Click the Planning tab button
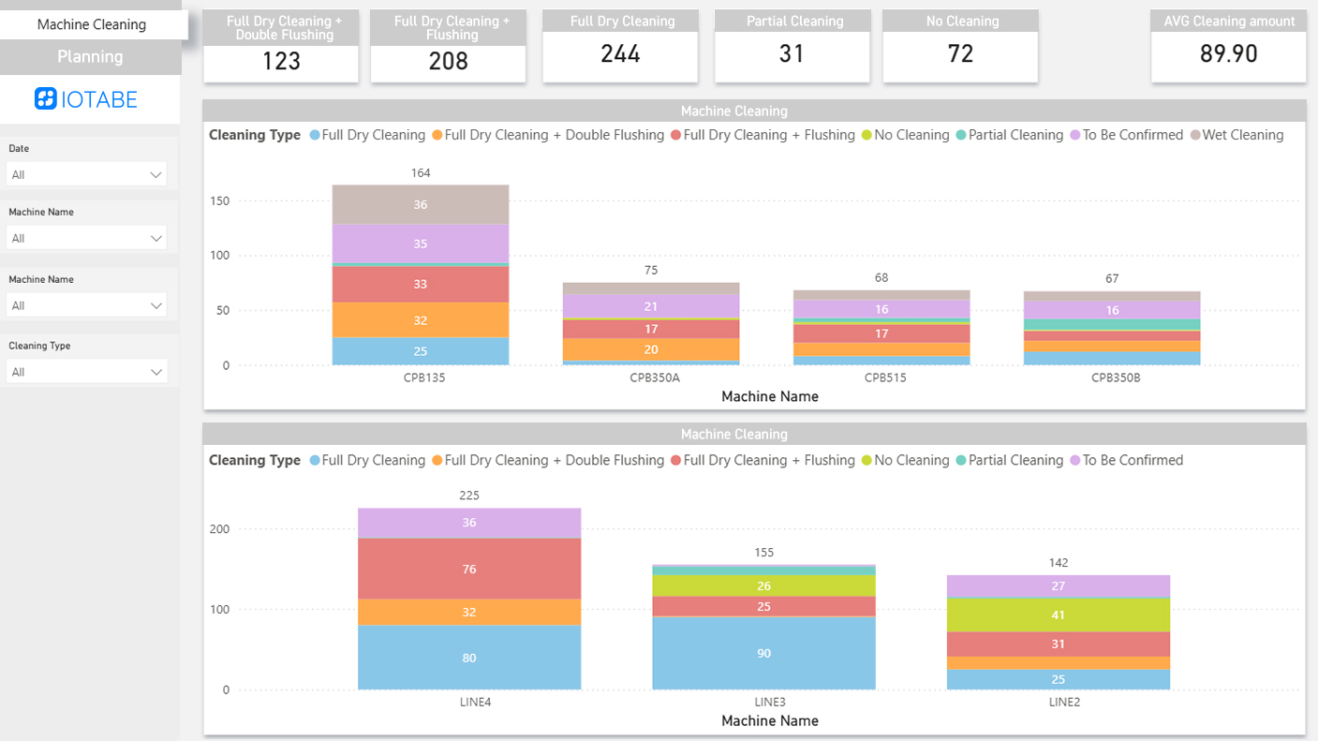click(90, 57)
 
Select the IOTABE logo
click(86, 99)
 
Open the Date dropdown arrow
click(156, 175)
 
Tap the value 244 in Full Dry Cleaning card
click(620, 54)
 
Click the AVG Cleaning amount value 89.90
click(1228, 54)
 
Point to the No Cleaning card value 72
click(960, 54)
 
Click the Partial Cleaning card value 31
click(792, 54)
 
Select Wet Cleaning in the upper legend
click(1242, 135)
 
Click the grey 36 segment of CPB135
click(421, 204)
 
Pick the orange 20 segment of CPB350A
click(651, 349)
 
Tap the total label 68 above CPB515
click(881, 277)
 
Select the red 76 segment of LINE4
click(469, 569)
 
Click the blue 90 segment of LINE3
click(763, 653)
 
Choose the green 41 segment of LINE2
click(1059, 615)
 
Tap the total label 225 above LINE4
click(469, 495)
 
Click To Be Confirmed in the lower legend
click(1133, 460)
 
